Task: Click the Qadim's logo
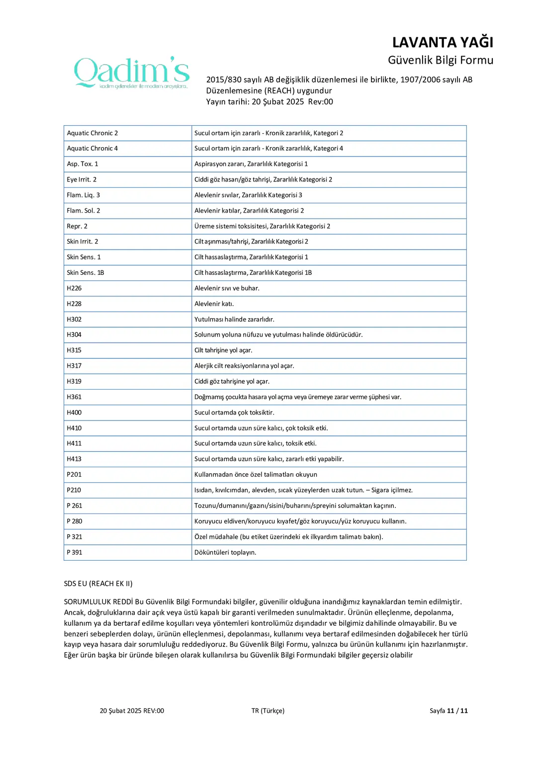coord(132,73)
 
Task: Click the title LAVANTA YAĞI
coord(443,42)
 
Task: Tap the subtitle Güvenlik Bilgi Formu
coord(440,60)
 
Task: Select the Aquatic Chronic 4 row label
coord(92,148)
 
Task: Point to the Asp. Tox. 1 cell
coord(83,164)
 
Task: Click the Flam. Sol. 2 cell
coord(84,211)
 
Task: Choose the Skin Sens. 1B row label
coord(86,273)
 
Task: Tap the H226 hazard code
coord(74,288)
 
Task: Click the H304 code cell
coord(74,335)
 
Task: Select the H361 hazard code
coord(74,397)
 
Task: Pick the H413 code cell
coord(74,459)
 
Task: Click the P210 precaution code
coord(74,490)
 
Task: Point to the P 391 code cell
coord(75,552)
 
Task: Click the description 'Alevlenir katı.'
coord(214,304)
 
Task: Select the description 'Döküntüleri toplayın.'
coord(225,552)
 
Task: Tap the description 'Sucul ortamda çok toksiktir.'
coord(234,413)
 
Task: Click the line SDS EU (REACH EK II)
coord(98,584)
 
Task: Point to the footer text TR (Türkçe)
coord(268,711)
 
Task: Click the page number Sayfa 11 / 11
coord(448,711)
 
